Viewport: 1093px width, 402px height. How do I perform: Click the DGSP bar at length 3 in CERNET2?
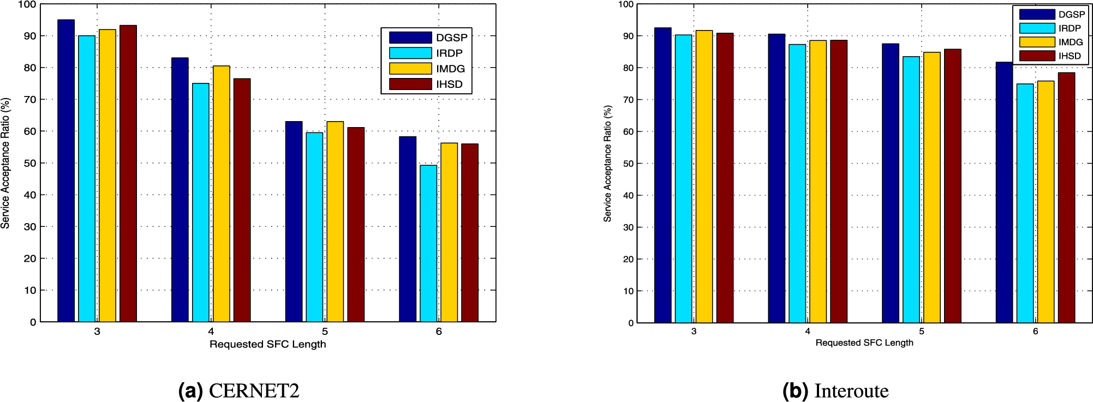66,171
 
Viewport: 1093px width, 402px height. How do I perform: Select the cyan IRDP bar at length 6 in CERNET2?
428,243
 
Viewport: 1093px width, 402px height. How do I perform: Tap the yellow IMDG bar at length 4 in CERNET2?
222,194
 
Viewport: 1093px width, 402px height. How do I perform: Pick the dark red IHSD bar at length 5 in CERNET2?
356,225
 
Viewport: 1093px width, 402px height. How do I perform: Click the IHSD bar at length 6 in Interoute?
1066,197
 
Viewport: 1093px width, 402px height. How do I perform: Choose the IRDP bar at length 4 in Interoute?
797,184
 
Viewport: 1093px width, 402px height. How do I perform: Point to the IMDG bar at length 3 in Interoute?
704,177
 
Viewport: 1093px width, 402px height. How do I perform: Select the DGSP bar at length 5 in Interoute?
891,183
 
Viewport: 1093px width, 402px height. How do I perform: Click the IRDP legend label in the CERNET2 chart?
449,53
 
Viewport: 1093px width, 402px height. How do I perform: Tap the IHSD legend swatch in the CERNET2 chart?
410,84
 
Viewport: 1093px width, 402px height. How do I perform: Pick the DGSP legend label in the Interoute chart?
1072,15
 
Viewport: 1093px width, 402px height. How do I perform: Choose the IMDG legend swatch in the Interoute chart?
1037,42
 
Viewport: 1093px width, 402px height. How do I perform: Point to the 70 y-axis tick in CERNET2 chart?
29,99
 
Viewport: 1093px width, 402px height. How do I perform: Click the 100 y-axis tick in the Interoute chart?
626,4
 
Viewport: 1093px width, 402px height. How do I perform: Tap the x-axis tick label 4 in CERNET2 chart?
211,332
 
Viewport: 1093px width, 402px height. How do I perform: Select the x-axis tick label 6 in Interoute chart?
1035,332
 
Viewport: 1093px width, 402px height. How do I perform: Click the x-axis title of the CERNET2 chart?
267,344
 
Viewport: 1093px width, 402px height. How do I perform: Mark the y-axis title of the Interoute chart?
607,163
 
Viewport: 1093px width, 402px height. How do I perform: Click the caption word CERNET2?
254,391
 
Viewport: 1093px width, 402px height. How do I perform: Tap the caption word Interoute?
851,391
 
